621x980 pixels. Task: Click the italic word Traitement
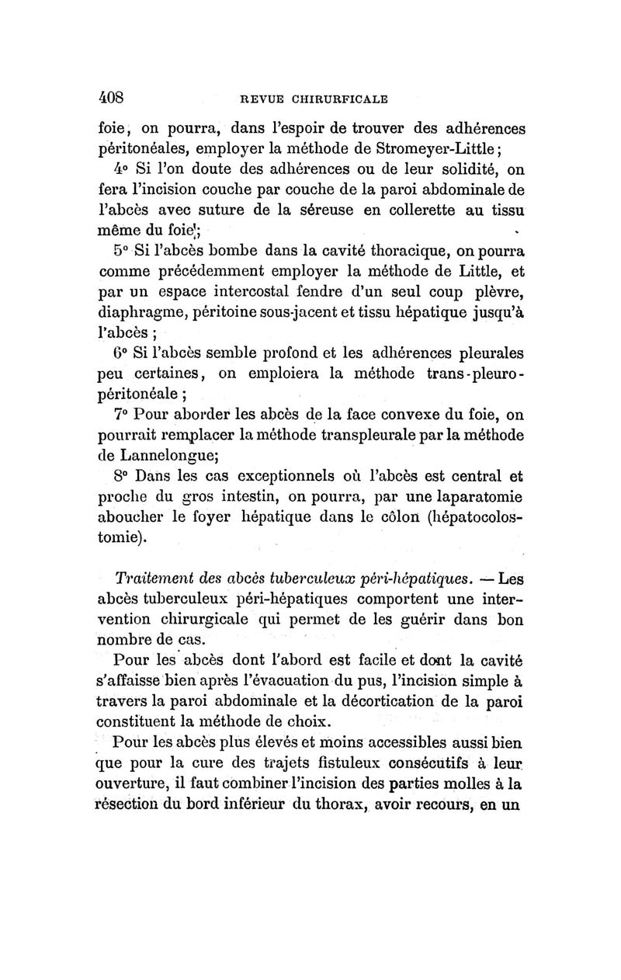click(158, 579)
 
